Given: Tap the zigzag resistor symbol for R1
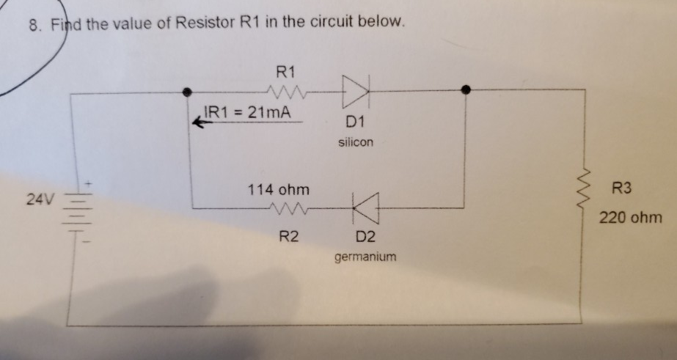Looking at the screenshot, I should [282, 92].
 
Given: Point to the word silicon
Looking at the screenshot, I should [356, 142].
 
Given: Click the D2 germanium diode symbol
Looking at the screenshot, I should [365, 207].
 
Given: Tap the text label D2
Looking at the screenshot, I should [365, 237].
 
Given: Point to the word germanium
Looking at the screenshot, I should [365, 257].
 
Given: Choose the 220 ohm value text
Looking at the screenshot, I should [631, 218].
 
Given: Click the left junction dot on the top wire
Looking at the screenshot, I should [189, 91].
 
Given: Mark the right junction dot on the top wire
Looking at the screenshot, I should [465, 89].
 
